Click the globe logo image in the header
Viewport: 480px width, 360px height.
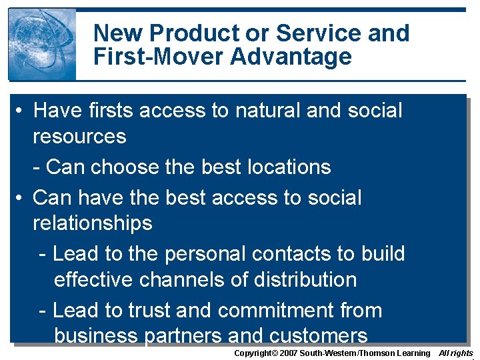coord(42,44)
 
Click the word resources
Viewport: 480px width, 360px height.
coord(79,136)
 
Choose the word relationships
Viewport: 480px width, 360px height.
coord(92,223)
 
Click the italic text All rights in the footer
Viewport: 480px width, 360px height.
coord(456,353)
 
